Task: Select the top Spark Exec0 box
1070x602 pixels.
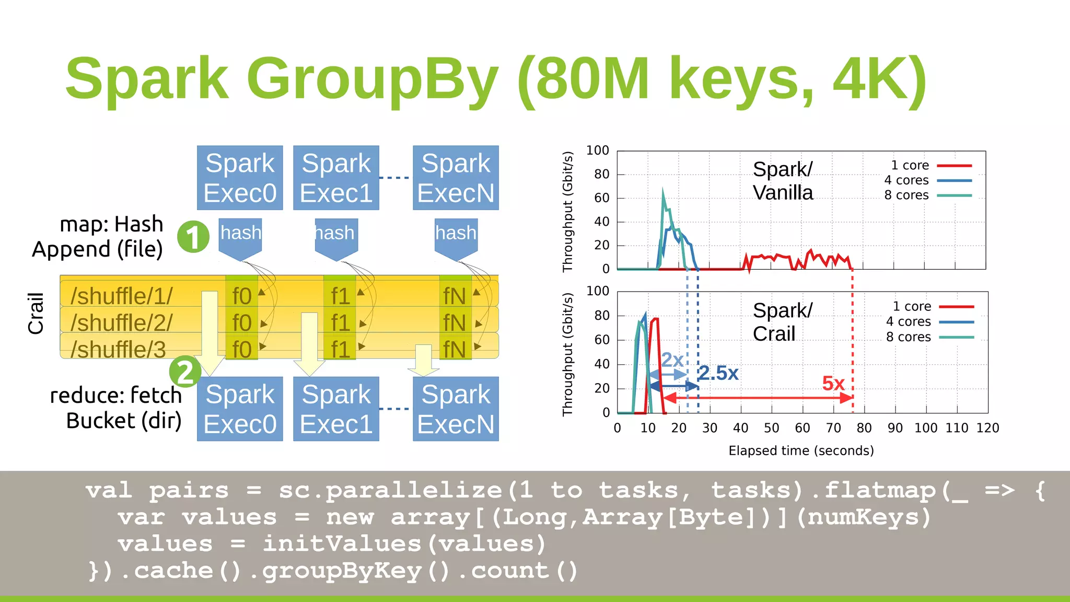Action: pyautogui.click(x=240, y=178)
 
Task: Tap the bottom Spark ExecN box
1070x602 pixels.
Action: pyautogui.click(x=456, y=409)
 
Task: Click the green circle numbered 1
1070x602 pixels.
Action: pyautogui.click(x=193, y=237)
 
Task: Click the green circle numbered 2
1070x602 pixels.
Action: pyautogui.click(x=185, y=372)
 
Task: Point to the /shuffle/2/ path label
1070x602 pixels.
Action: pyautogui.click(x=121, y=322)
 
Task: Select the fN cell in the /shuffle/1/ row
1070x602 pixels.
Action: pyautogui.click(x=455, y=296)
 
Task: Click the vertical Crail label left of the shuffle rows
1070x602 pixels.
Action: pyautogui.click(x=36, y=314)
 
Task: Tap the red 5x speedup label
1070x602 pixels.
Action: pyautogui.click(x=833, y=384)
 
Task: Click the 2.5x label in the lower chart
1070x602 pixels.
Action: pyautogui.click(x=718, y=373)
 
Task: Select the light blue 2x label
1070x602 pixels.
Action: pyautogui.click(x=672, y=360)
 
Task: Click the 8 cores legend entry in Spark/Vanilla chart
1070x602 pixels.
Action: pyautogui.click(x=906, y=195)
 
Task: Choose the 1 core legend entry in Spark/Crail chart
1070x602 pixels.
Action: pyautogui.click(x=912, y=306)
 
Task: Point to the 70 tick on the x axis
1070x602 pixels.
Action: pyautogui.click(x=833, y=428)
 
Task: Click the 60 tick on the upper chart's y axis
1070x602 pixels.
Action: pyautogui.click(x=601, y=198)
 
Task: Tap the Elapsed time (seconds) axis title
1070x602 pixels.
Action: pyautogui.click(x=801, y=450)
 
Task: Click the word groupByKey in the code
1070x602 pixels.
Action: pyautogui.click(x=342, y=571)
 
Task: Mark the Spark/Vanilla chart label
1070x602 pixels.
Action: pyautogui.click(x=783, y=181)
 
